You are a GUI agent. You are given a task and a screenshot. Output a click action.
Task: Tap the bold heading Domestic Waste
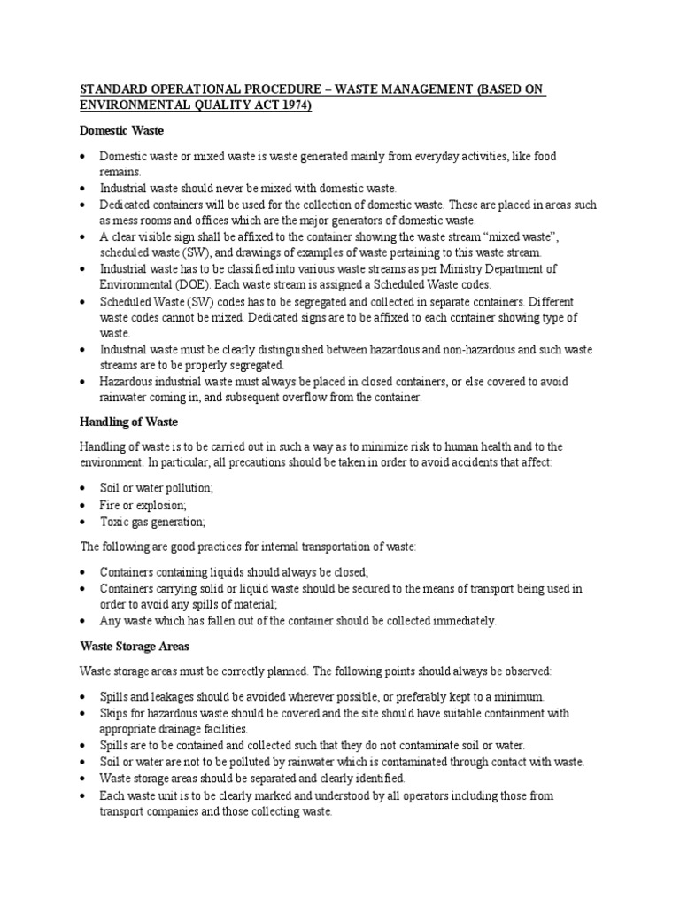click(x=120, y=130)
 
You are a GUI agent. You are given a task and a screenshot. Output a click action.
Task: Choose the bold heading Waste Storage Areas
click(x=132, y=646)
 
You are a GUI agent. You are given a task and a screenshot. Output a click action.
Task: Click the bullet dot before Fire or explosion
click(x=81, y=505)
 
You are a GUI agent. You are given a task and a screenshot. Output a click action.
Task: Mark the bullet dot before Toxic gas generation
click(x=81, y=522)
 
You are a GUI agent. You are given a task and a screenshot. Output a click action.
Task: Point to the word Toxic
click(x=114, y=522)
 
